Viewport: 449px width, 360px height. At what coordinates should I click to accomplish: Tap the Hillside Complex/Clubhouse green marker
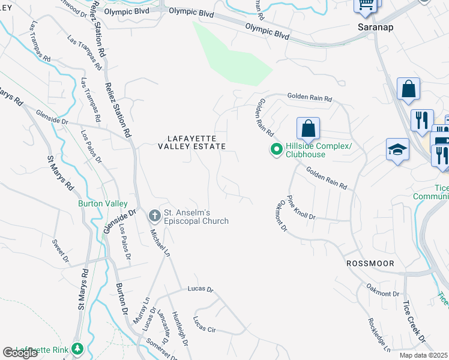[x=277, y=149]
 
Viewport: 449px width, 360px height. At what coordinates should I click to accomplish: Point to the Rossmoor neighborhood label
[x=369, y=263]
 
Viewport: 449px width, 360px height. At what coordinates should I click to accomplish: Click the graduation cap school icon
[x=397, y=150]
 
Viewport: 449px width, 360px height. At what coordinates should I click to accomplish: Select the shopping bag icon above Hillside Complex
[x=308, y=128]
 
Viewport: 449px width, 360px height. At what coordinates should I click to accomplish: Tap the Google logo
[x=20, y=353]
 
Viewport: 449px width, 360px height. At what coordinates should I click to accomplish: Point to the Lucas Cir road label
[x=204, y=324]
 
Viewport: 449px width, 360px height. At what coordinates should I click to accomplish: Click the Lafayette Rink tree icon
[x=76, y=349]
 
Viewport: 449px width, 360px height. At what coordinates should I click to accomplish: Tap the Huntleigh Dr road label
[x=179, y=329]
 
